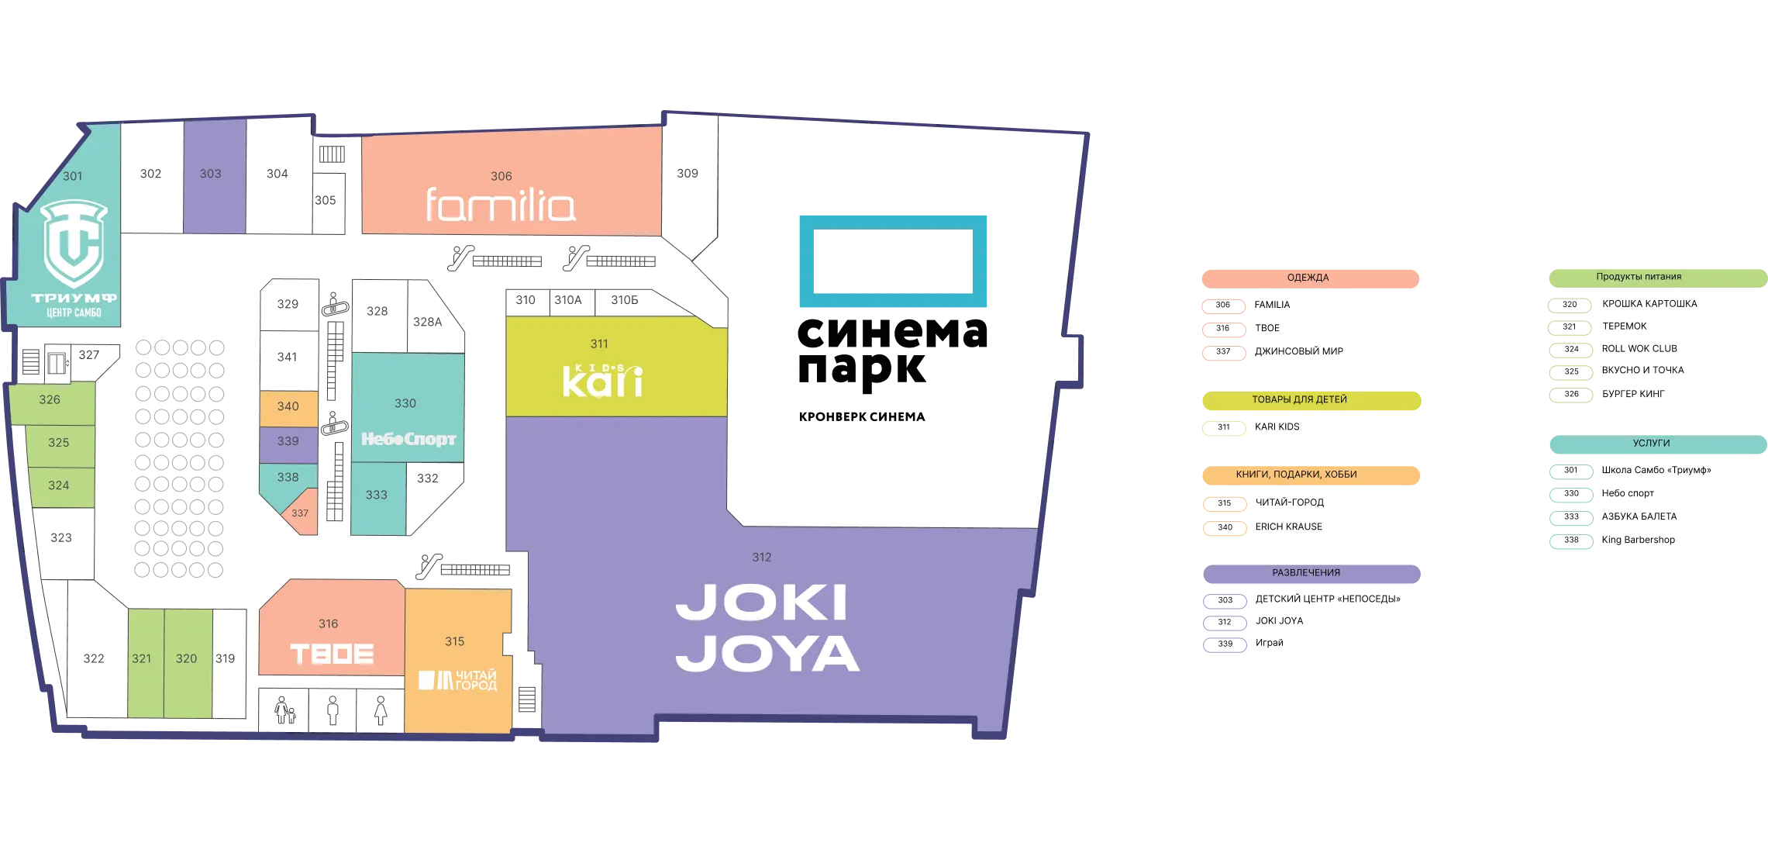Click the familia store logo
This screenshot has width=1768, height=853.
coord(500,205)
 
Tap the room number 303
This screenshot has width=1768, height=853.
coord(211,174)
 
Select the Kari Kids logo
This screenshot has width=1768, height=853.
coord(602,380)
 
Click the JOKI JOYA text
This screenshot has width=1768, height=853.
coord(767,627)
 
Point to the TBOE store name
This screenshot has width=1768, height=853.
coord(332,654)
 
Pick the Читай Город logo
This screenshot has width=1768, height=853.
coord(457,680)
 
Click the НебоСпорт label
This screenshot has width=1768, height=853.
coord(408,439)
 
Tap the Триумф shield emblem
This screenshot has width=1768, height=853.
coord(74,242)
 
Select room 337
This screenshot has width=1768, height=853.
coord(300,513)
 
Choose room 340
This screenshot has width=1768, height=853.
coord(288,406)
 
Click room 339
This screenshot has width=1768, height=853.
coord(288,441)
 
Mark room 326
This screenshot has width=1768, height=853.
coord(50,400)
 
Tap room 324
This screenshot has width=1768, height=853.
coord(59,485)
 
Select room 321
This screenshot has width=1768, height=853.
coord(142,658)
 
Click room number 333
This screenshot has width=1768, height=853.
coord(377,495)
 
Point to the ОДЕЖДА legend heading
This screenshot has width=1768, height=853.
coord(1308,278)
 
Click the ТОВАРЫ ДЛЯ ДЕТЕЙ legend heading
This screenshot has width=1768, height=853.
coord(1299,400)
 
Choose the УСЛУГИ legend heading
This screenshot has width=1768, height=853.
coord(1651,444)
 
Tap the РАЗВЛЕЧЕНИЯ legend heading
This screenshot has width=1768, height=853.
coord(1305,573)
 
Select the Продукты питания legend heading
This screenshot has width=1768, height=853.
coord(1639,277)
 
